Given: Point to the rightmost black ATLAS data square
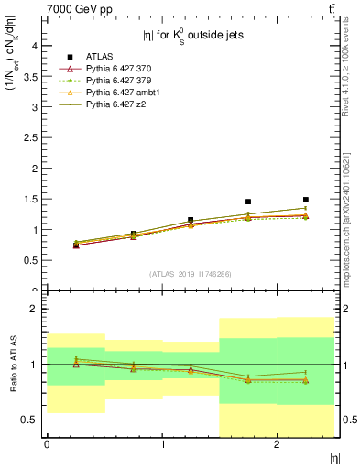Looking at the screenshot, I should click(x=306, y=200).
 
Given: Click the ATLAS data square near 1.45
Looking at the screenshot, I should click(x=248, y=202).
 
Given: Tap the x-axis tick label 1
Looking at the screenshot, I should click(x=162, y=444).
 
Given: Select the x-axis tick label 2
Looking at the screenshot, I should click(x=278, y=444).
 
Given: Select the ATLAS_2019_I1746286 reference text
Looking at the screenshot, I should click(x=190, y=274).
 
